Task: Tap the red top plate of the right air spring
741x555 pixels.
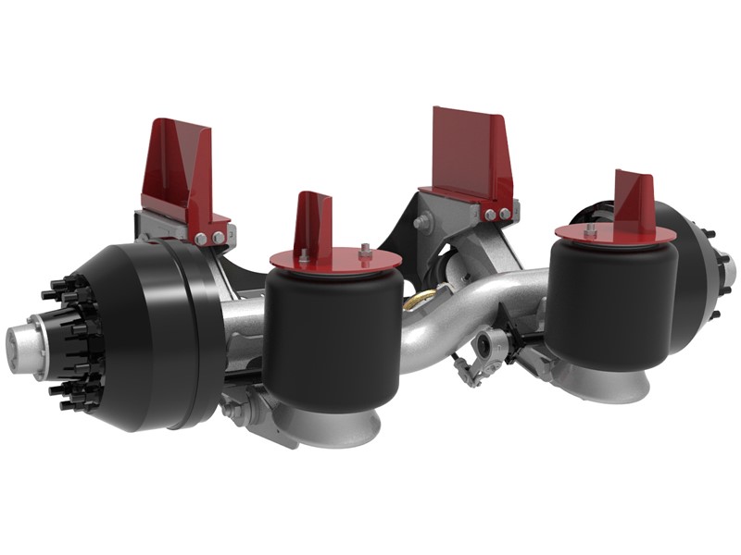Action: [602, 231]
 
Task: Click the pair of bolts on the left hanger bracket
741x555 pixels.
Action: [208, 238]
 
